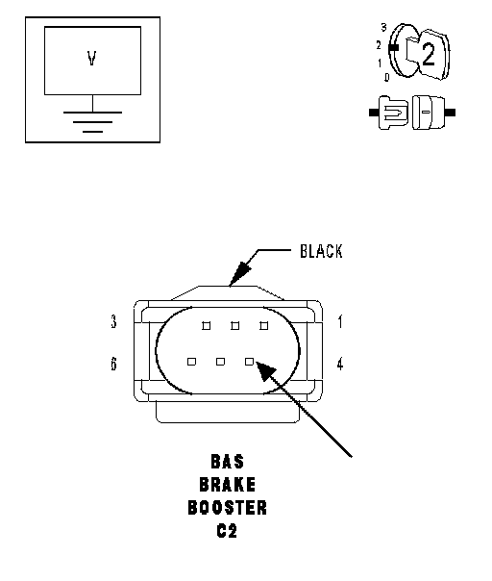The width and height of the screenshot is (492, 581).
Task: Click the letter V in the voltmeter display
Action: point(92,59)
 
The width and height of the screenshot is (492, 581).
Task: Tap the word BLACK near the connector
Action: point(321,251)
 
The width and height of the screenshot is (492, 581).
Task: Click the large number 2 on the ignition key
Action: point(429,55)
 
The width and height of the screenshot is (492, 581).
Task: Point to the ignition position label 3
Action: point(383,28)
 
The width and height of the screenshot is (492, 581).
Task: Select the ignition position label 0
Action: point(387,77)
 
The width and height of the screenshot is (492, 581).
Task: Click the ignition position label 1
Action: point(380,63)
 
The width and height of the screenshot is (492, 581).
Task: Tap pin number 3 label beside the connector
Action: point(113,321)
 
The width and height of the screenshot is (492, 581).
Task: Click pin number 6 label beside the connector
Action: point(113,364)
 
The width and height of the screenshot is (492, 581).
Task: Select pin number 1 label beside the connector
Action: point(340,321)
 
